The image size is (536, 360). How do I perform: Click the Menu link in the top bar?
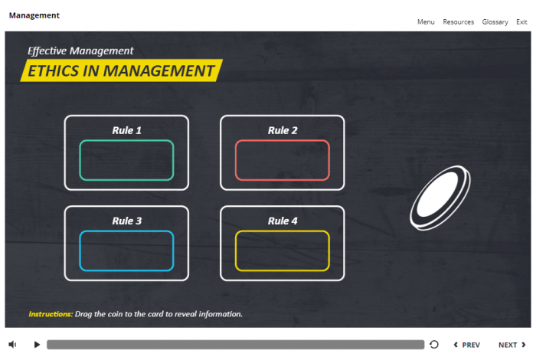point(426,22)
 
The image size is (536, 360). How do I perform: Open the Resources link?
point(458,22)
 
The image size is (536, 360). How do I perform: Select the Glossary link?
point(495,22)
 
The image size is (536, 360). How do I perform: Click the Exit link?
point(521,22)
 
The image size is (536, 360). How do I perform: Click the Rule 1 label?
point(126,130)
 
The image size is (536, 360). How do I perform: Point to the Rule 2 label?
point(283,130)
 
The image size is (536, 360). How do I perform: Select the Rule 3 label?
point(126,221)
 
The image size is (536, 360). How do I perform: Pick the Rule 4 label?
point(283,221)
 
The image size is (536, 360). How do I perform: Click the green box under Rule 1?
point(126,160)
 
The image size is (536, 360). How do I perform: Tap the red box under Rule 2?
point(283,160)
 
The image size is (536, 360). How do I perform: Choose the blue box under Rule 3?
point(126,250)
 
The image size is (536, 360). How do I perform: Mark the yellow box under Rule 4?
point(283,250)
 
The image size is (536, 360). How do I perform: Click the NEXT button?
point(512,345)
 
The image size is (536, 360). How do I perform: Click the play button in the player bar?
point(37,345)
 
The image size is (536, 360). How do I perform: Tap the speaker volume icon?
point(13,345)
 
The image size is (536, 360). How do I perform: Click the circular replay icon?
point(434,345)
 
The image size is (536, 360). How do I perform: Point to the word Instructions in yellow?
point(51,314)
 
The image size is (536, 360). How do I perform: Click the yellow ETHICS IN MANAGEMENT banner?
point(121,71)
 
